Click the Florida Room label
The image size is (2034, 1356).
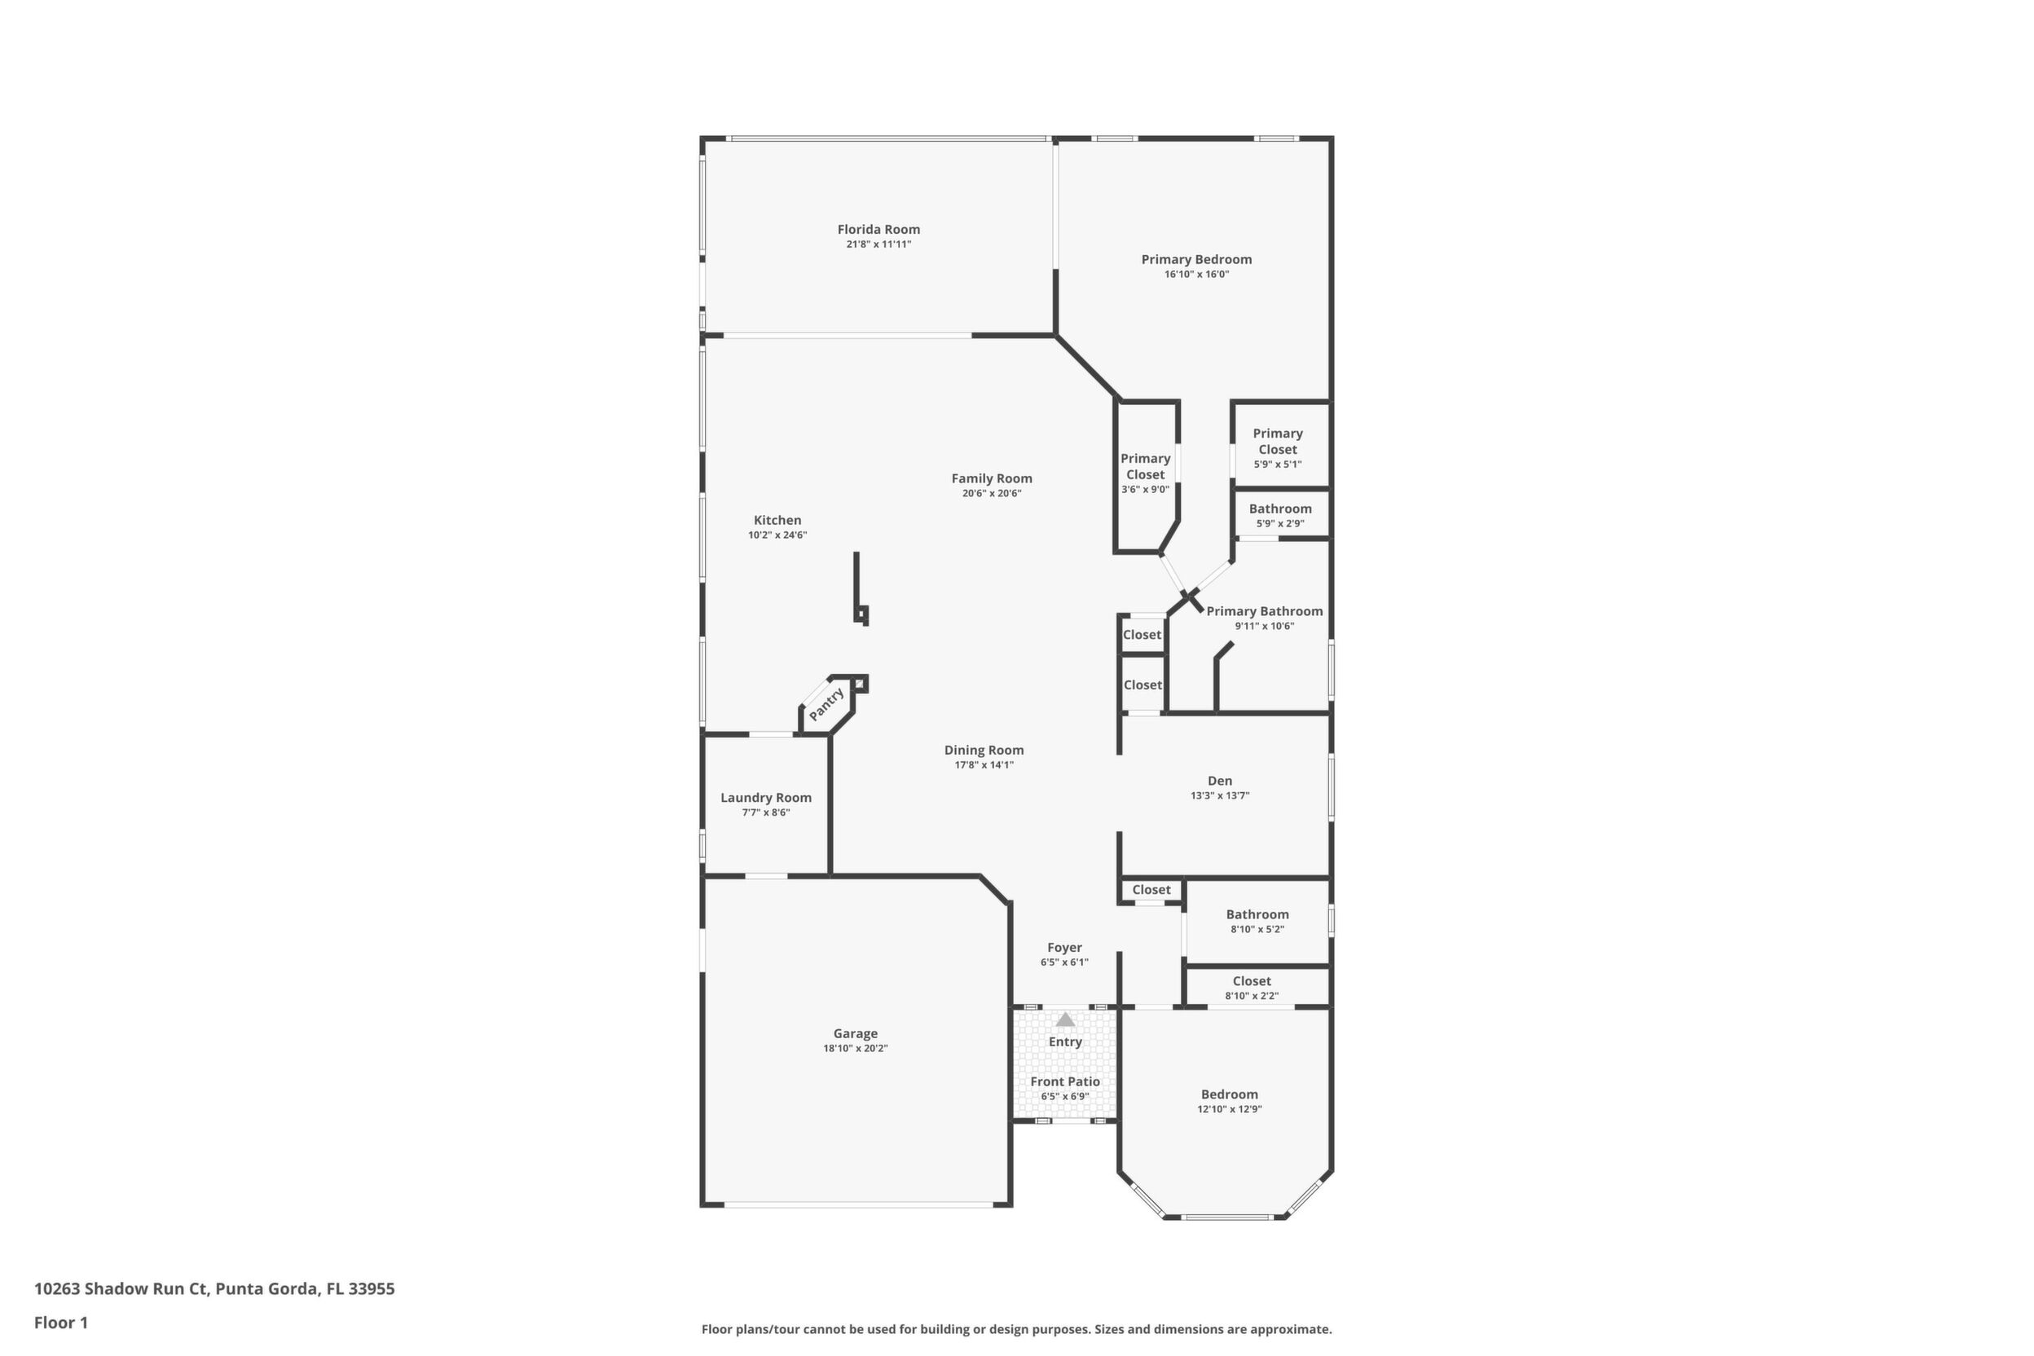[878, 229]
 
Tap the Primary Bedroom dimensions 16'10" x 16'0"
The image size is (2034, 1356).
[1196, 274]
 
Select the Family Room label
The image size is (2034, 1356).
[992, 478]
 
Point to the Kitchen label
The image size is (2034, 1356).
[777, 520]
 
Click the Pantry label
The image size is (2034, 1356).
[827, 704]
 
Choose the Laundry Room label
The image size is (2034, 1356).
[766, 797]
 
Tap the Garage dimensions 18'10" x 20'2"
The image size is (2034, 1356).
[856, 1048]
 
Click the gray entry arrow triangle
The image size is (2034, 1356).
[1065, 1019]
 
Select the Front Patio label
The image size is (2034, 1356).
[1065, 1081]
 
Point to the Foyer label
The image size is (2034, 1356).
[1064, 947]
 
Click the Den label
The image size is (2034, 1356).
[1219, 780]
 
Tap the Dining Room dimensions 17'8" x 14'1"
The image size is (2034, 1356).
[984, 764]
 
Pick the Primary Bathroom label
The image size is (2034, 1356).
[1265, 610]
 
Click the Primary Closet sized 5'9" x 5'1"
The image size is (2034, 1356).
[1277, 448]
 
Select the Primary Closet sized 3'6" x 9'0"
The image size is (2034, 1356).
[1145, 473]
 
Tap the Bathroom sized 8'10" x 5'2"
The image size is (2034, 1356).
[1257, 921]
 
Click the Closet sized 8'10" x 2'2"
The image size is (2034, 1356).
[1252, 988]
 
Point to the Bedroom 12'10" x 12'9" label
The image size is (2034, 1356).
[1229, 1094]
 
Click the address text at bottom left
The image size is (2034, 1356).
[214, 1288]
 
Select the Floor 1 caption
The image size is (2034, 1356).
[61, 1323]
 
